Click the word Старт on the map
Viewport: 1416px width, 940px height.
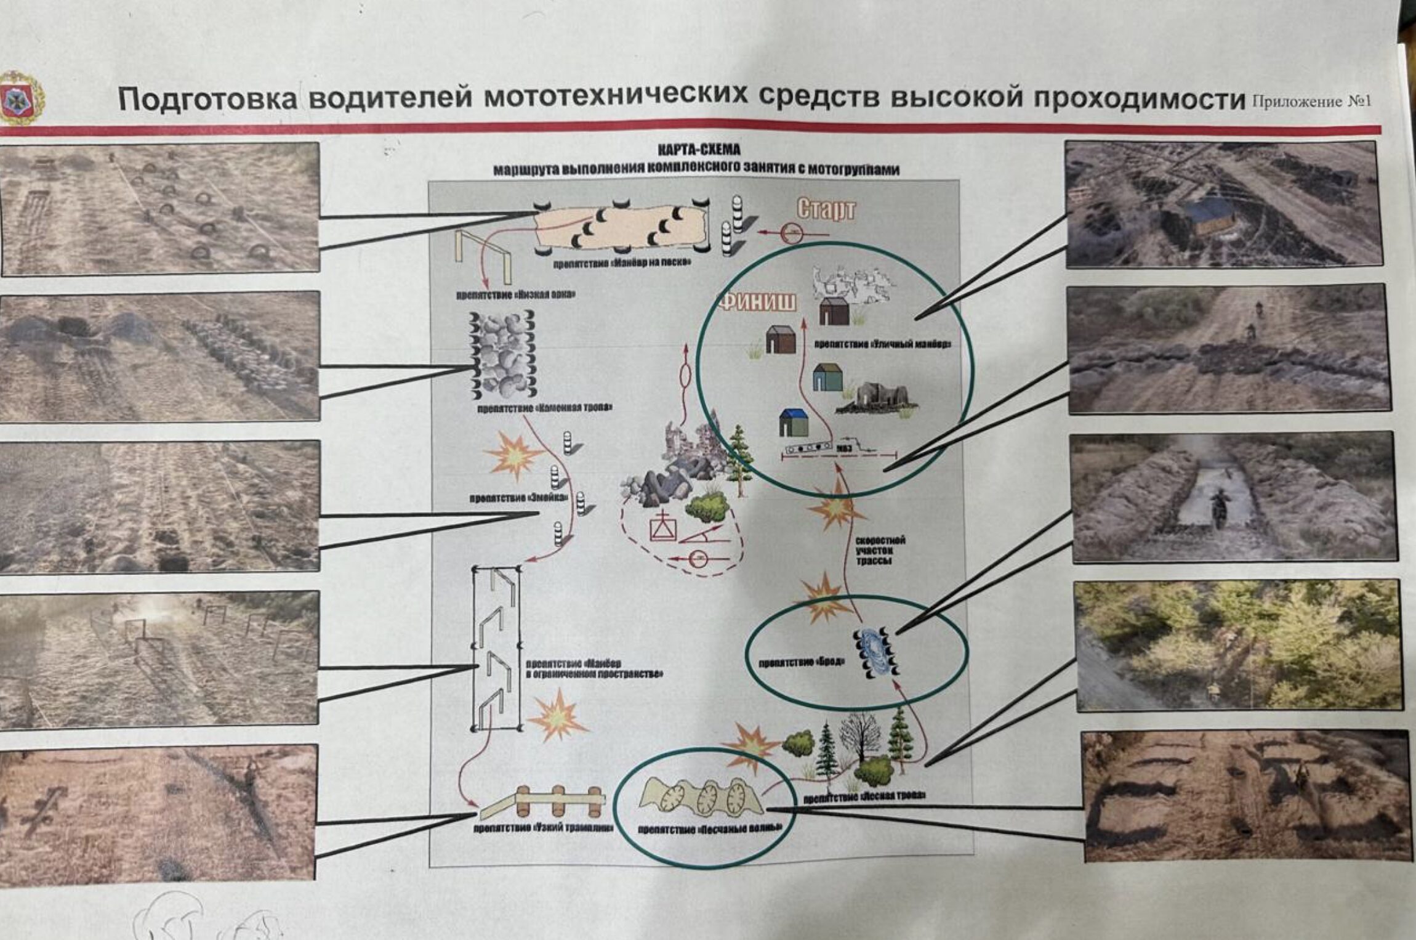[x=826, y=210]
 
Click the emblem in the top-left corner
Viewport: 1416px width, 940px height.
[x=21, y=98]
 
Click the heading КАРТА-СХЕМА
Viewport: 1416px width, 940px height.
[x=699, y=150]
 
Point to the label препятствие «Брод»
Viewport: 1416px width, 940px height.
[x=802, y=663]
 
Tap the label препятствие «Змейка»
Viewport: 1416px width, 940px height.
[x=518, y=498]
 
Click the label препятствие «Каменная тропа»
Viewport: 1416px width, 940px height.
[x=544, y=408]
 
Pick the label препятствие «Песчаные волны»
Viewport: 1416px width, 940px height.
[x=709, y=829]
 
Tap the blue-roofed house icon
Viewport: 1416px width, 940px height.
[x=793, y=423]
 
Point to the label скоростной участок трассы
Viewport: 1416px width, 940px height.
[x=880, y=551]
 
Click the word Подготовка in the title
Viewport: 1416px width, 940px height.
[x=207, y=99]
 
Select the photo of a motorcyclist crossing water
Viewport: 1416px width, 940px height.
[x=1234, y=498]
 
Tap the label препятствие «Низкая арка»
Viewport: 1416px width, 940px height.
[x=515, y=294]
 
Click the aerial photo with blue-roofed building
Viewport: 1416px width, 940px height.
[x=1224, y=205]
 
